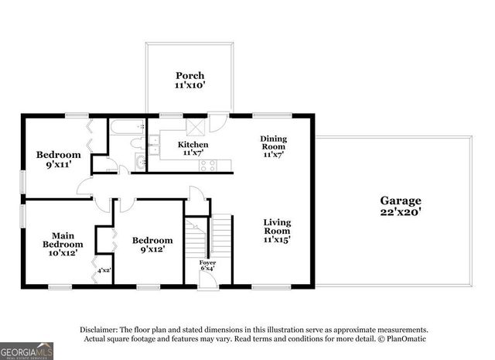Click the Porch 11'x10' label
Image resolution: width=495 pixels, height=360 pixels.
click(189, 81)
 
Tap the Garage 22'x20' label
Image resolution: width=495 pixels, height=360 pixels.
click(400, 205)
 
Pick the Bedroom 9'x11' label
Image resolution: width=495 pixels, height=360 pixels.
click(58, 159)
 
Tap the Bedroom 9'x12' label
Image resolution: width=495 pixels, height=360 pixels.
click(152, 245)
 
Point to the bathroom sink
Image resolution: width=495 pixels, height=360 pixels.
click(140, 162)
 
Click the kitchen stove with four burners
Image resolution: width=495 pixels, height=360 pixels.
click(207, 164)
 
